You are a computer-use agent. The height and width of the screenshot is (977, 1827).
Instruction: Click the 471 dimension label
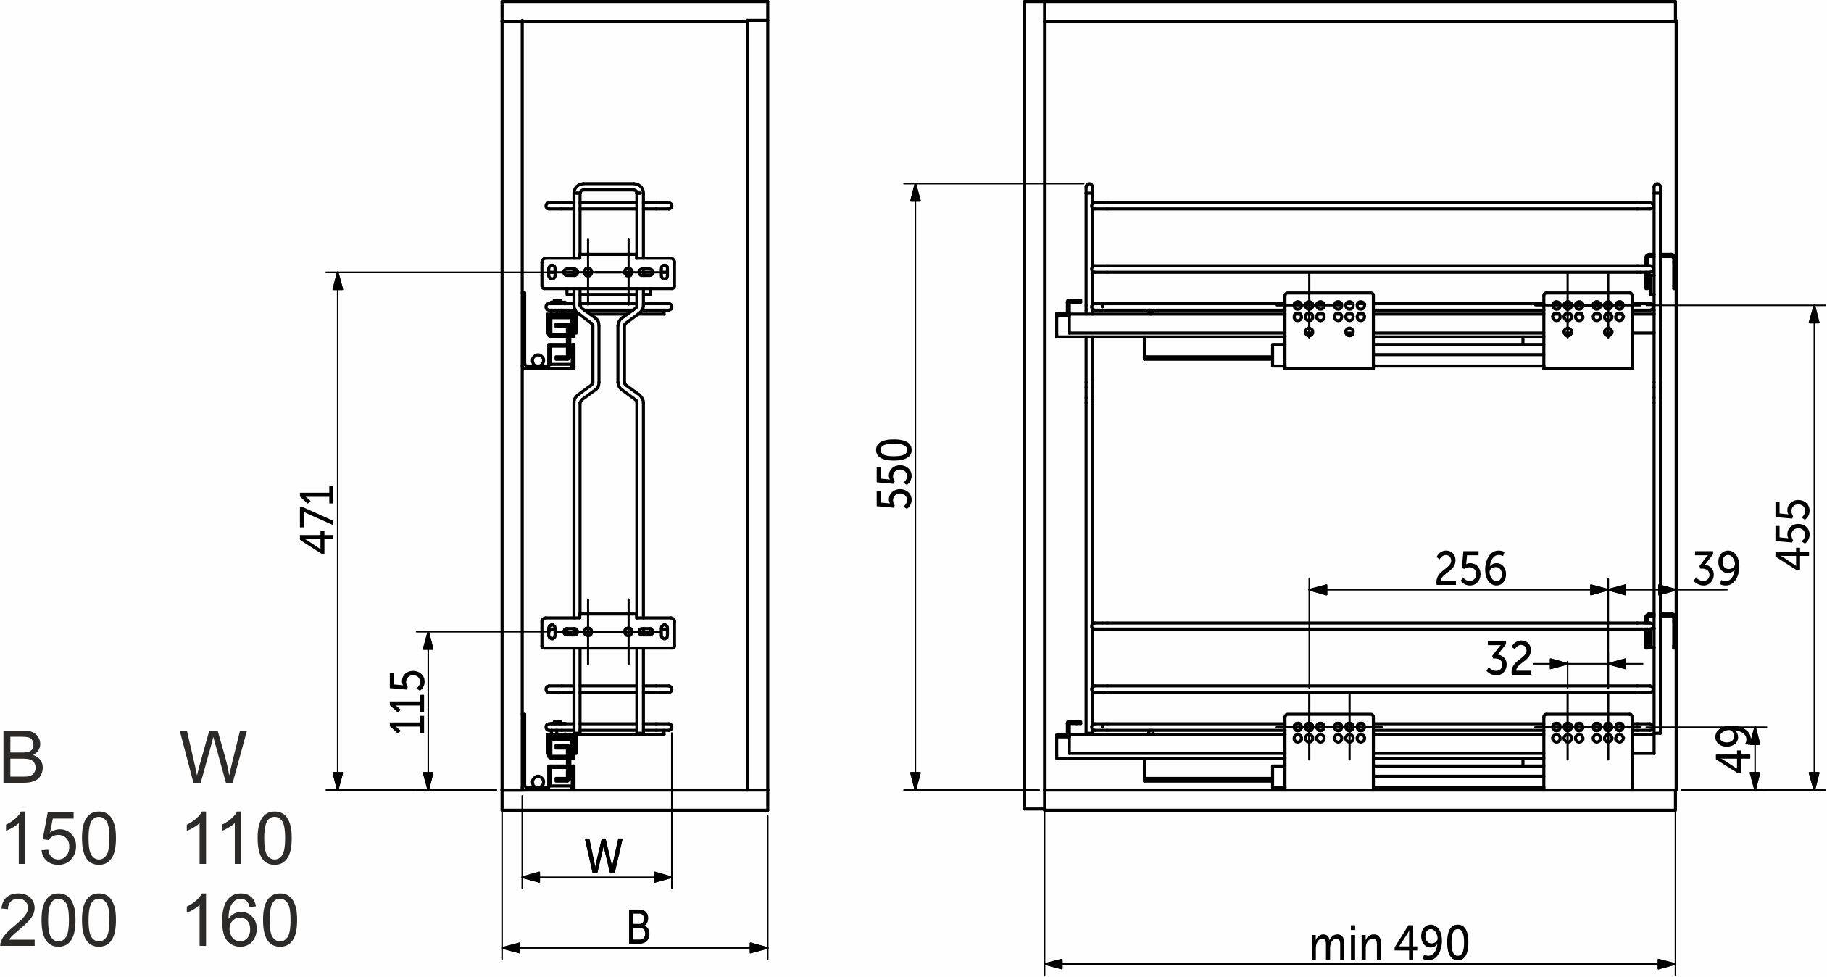coord(318,519)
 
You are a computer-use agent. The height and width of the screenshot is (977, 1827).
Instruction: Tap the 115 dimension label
coord(407,702)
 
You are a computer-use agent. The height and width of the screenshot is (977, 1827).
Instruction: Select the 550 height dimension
coord(894,474)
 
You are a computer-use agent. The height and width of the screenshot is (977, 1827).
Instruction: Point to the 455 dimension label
coord(1792,535)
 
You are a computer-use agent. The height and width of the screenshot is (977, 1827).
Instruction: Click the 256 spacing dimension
coord(1470,568)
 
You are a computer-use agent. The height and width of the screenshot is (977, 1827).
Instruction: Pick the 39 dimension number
coord(1716,568)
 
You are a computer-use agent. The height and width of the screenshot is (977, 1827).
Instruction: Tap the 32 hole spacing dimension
coord(1509,658)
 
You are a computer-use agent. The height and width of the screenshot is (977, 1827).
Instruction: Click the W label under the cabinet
coord(604,856)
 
